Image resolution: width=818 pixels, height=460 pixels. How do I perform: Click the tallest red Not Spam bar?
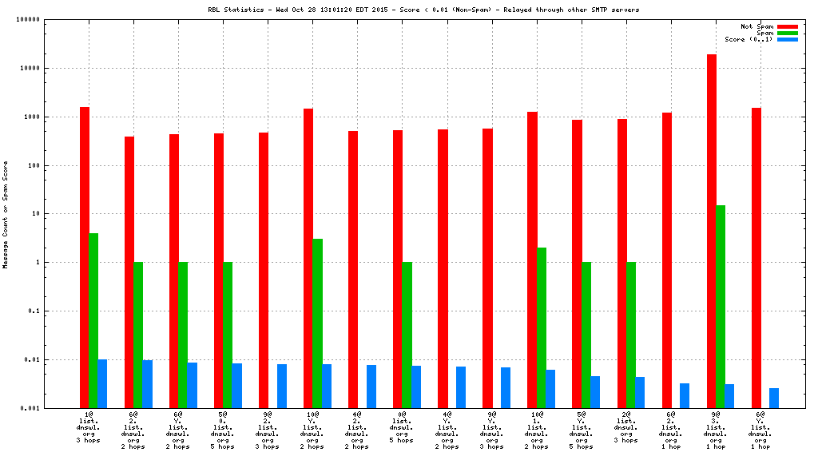click(712, 232)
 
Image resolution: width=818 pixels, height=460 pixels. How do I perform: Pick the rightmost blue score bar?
click(774, 398)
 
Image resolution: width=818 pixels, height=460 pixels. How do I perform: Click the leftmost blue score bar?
click(102, 383)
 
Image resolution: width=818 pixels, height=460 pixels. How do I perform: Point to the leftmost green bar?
click(93, 320)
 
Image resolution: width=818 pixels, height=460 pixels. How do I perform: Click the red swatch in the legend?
click(787, 26)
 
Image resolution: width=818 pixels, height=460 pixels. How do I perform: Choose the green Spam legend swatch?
click(787, 33)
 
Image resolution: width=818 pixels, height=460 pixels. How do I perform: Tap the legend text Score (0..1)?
click(749, 39)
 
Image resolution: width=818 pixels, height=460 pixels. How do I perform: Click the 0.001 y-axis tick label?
click(30, 408)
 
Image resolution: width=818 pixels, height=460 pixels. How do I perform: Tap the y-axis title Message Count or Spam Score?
click(6, 214)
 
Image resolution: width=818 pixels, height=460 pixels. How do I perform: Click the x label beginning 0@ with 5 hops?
click(402, 427)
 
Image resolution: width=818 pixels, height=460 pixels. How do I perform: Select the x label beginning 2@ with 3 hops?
click(625, 427)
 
